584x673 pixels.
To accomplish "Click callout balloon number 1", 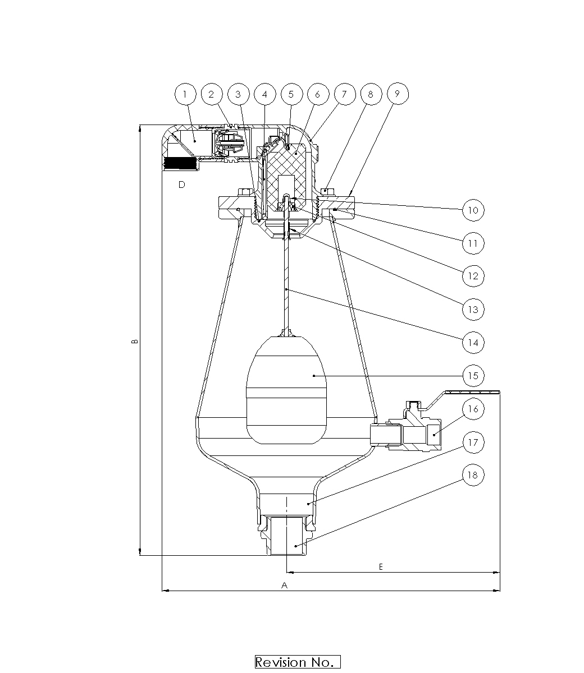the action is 185,94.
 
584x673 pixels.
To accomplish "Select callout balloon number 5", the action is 291,94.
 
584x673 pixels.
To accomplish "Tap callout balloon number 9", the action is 398,94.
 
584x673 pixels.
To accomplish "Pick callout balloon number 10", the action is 473,210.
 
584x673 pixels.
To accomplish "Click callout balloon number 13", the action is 473,310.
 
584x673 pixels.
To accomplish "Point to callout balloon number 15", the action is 473,376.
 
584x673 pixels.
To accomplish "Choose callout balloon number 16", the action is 473,409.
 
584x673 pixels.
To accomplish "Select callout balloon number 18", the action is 473,475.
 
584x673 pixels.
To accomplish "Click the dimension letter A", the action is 284,586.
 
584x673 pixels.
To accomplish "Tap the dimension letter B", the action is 135,342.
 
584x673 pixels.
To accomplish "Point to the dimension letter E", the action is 381,567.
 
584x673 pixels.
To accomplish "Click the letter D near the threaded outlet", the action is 181,185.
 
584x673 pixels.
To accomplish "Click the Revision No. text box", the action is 298,662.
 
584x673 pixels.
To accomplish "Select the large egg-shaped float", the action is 286,390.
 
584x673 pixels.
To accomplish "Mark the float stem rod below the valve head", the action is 286,287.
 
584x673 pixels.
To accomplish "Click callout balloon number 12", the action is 473,276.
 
